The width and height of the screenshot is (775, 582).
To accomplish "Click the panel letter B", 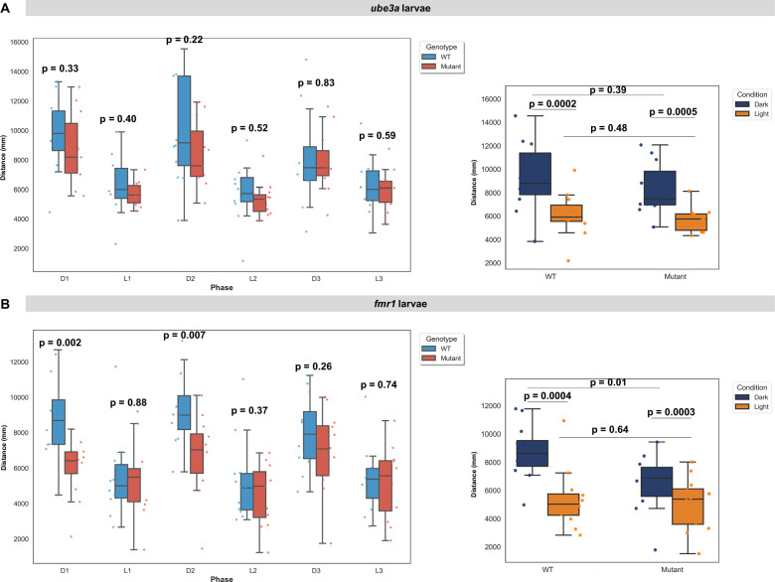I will point(7,297).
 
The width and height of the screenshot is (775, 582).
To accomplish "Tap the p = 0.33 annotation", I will point(60,69).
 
